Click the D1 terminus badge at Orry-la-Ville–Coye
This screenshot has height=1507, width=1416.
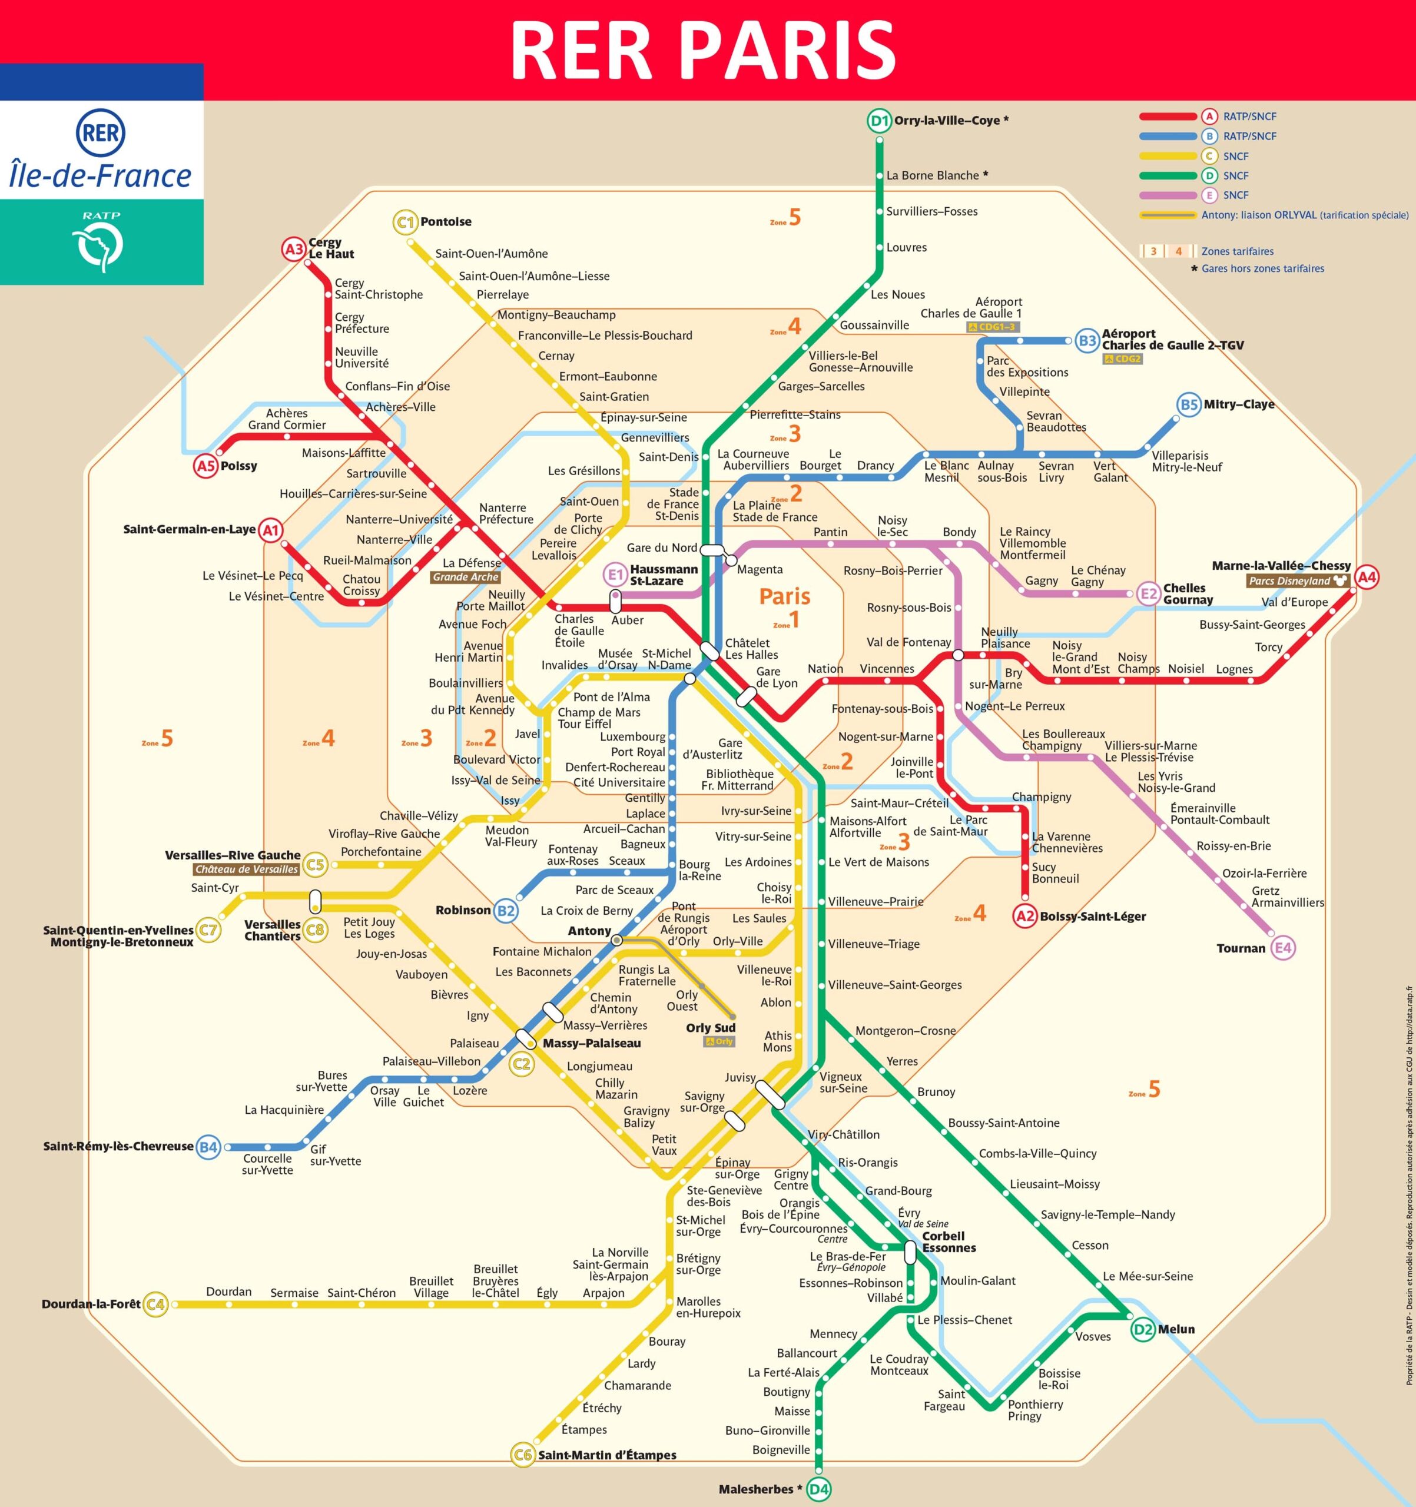[x=878, y=121]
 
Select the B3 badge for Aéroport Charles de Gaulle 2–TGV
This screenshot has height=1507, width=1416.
[x=1087, y=340]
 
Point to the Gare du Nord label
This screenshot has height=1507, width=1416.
[x=661, y=547]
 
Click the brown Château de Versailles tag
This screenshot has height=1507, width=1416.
[x=246, y=869]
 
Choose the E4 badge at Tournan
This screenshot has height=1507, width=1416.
[x=1282, y=948]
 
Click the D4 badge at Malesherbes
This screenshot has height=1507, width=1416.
[x=818, y=1489]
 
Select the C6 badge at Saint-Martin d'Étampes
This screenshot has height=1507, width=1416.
[x=522, y=1455]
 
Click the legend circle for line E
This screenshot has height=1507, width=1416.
[x=1209, y=195]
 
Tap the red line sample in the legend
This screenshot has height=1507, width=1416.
[x=1168, y=117]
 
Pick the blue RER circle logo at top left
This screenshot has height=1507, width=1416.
[x=101, y=134]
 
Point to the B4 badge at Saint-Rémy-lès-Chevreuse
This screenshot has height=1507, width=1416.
[x=208, y=1147]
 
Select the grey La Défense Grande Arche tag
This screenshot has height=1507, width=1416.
[x=466, y=577]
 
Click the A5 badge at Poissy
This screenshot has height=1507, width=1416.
[x=205, y=466]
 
